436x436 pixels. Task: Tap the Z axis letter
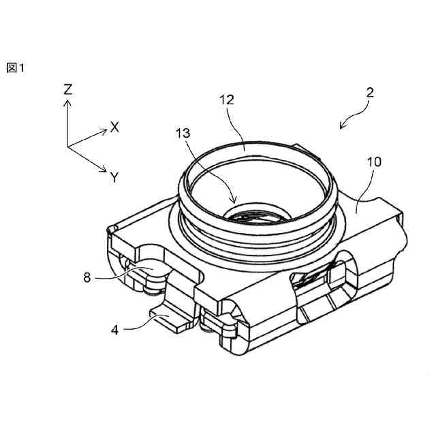[x=67, y=89]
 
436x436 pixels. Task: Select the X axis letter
[x=115, y=126]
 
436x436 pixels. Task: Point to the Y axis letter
[x=114, y=177]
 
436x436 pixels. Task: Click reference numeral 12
[x=226, y=99]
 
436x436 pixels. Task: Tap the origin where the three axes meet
[x=67, y=146]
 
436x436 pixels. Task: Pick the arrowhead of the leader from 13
[x=235, y=202]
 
